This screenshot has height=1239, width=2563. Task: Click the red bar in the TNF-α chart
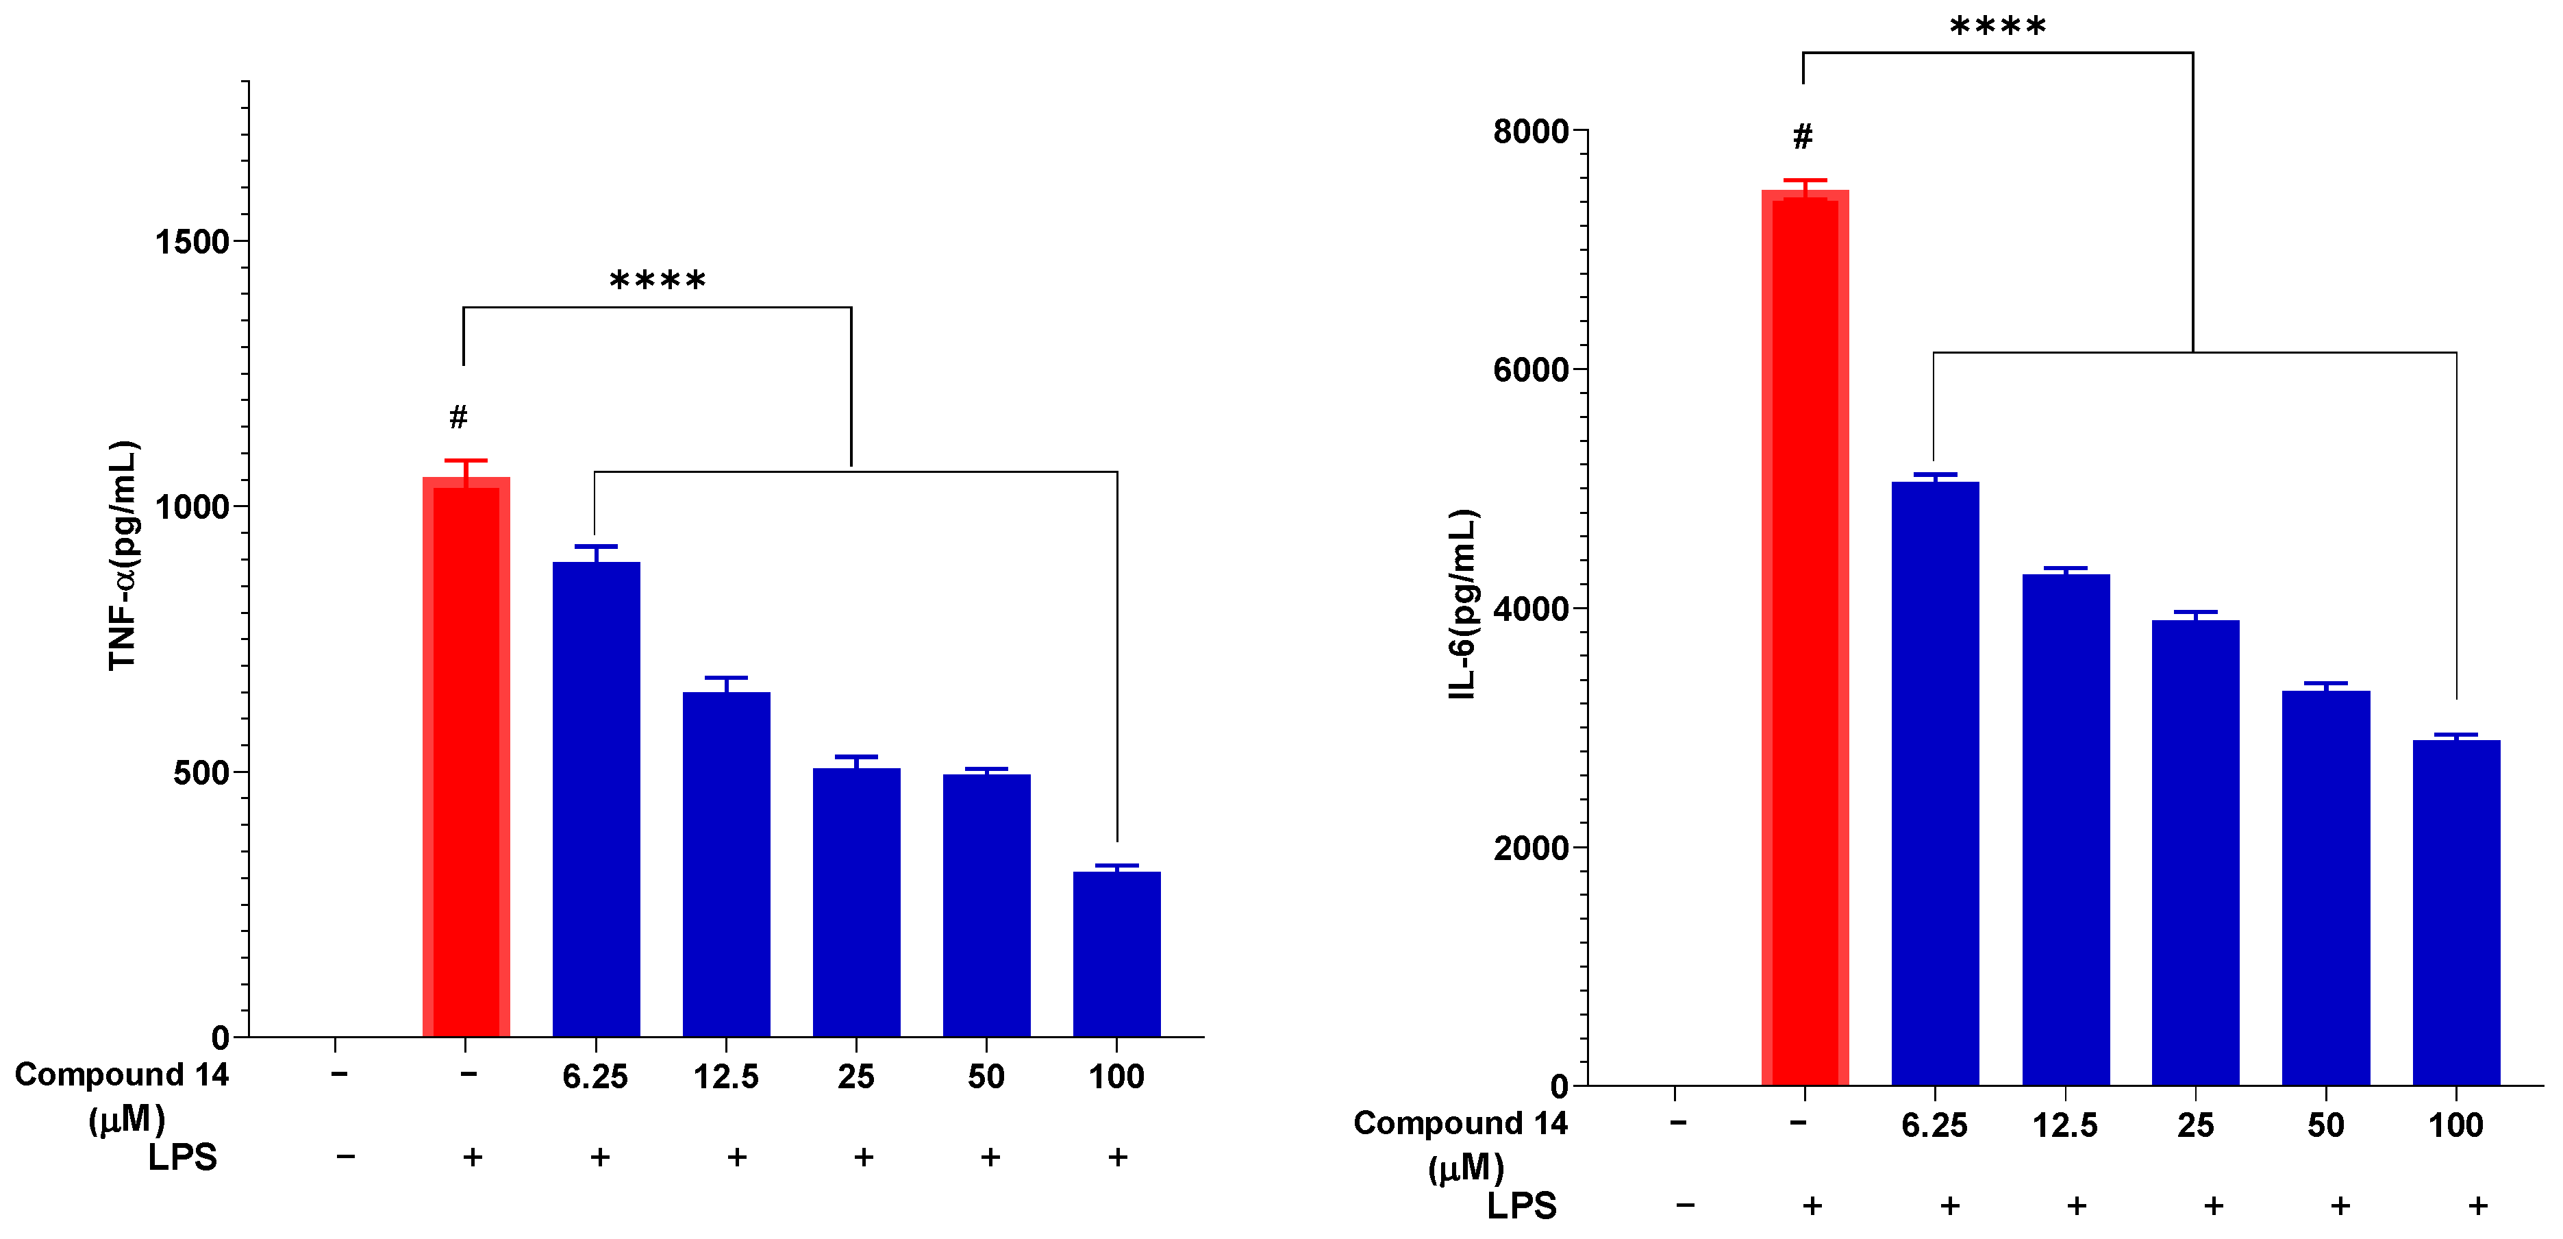pyautogui.click(x=466, y=757)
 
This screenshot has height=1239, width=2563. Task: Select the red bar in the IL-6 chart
pyautogui.click(x=1805, y=637)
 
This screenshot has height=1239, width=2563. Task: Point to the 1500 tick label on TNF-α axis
pyautogui.click(x=192, y=242)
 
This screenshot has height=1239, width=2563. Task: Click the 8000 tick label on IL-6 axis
pyautogui.click(x=1530, y=132)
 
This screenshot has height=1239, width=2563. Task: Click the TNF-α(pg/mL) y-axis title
pyautogui.click(x=123, y=555)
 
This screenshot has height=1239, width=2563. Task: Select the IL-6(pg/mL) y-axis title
pyautogui.click(x=1462, y=604)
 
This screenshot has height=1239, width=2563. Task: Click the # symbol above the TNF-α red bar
pyautogui.click(x=458, y=417)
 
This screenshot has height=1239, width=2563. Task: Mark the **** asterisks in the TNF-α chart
pyautogui.click(x=658, y=281)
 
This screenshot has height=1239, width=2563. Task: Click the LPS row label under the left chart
pyautogui.click(x=182, y=1157)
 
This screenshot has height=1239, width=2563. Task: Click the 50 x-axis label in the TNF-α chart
pyautogui.click(x=986, y=1077)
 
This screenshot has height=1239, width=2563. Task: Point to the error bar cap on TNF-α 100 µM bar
pyautogui.click(x=1116, y=866)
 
